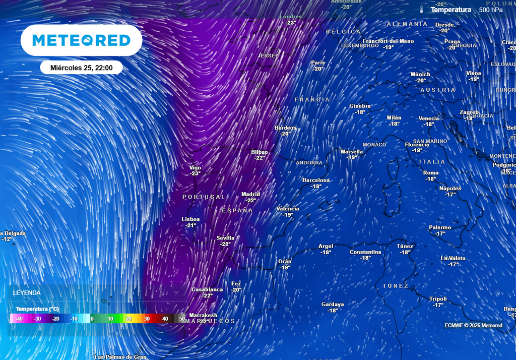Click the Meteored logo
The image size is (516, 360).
pyautogui.click(x=81, y=40)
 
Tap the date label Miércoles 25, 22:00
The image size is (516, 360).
pyautogui.click(x=81, y=67)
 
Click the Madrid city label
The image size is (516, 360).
pyautogui.click(x=250, y=194)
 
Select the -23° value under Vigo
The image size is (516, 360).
pyautogui.click(x=195, y=173)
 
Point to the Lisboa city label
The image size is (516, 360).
pyautogui.click(x=190, y=219)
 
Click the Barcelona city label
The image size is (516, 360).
pyautogui.click(x=316, y=180)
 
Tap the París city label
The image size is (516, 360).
pyautogui.click(x=318, y=63)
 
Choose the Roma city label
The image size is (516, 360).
pyautogui.click(x=431, y=173)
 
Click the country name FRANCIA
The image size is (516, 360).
pyautogui.click(x=312, y=100)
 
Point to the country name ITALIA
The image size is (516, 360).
pyautogui.click(x=432, y=162)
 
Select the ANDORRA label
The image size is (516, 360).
pyautogui.click(x=309, y=163)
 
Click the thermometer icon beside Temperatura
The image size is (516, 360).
pyautogui.click(x=421, y=9)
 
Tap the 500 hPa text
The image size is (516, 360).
pyautogui.click(x=491, y=10)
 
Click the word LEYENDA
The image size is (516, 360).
pyautogui.click(x=27, y=292)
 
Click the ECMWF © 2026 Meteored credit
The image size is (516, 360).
pyautogui.click(x=473, y=325)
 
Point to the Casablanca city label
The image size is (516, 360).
pyautogui.click(x=207, y=289)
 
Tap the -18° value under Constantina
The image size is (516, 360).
pyautogui.click(x=365, y=258)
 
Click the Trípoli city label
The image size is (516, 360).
pyautogui.click(x=438, y=298)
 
